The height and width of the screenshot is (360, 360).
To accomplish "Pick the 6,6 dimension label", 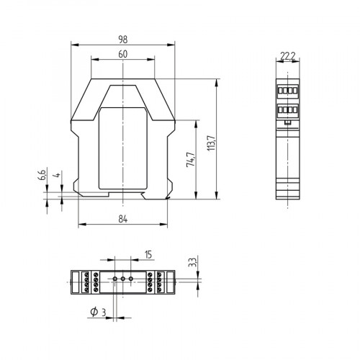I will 42,176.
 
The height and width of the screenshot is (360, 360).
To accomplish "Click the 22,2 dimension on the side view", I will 287,55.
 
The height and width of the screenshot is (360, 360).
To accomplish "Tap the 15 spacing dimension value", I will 148,253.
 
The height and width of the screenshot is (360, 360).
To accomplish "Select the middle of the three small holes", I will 123,278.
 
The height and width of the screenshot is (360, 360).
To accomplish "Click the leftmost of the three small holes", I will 114,278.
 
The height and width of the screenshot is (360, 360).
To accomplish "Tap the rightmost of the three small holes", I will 132,278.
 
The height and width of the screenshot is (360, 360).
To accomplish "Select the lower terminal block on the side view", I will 287,111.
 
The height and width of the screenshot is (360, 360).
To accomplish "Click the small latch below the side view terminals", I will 287,122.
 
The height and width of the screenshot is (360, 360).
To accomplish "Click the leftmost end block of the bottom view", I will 75,282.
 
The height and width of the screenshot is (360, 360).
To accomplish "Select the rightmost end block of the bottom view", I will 170,282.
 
